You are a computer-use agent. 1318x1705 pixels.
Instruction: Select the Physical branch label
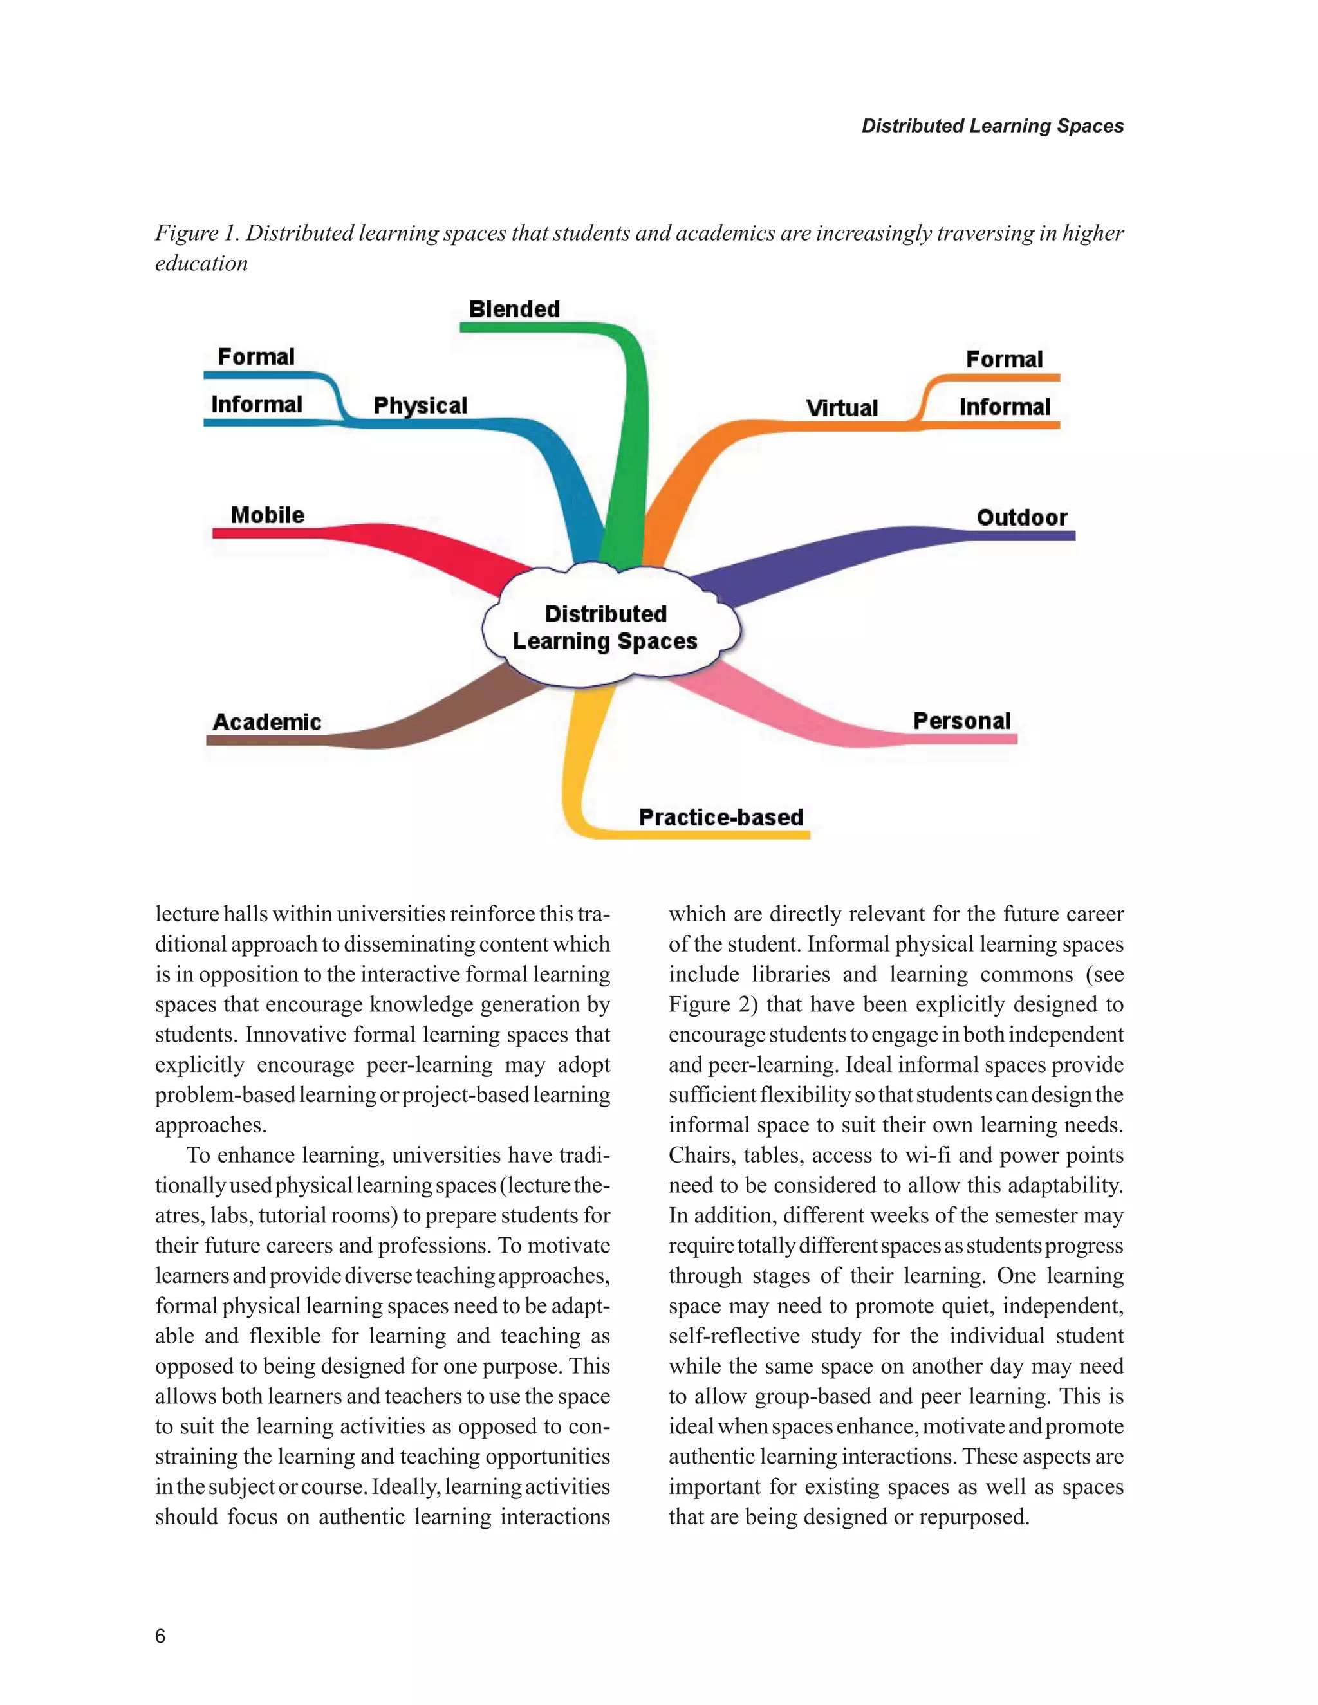coord(420,406)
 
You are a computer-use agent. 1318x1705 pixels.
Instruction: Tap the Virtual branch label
coord(842,409)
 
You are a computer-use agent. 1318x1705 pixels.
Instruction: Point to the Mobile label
coord(267,515)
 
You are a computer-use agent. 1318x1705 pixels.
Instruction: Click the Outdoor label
coord(1021,517)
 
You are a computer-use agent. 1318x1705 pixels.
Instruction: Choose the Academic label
coord(266,722)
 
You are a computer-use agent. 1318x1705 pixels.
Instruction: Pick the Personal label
coord(961,721)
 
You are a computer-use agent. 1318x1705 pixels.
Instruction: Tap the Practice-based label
coord(721,817)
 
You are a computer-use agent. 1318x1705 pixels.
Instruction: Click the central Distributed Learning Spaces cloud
coord(606,628)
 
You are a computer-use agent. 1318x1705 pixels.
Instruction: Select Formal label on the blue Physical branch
coord(256,357)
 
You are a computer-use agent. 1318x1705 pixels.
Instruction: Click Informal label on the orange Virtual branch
coord(1004,407)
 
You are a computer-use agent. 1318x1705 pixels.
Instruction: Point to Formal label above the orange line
coord(1004,359)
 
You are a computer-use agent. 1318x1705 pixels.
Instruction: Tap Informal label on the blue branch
coord(256,405)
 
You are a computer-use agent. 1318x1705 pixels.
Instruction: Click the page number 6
coord(160,1636)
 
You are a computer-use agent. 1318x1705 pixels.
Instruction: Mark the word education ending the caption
coord(201,264)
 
